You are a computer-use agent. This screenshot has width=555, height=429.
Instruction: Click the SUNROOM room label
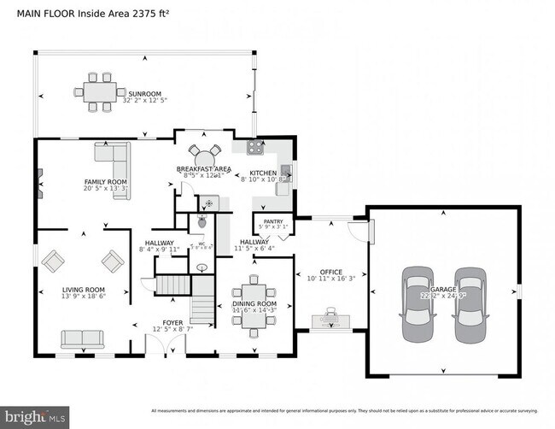[144, 94]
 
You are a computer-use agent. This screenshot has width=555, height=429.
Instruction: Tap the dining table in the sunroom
[100, 91]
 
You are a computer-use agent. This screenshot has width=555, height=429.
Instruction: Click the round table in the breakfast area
[204, 157]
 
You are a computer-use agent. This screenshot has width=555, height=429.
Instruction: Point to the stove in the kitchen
[254, 148]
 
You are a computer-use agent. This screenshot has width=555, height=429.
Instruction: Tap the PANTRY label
[273, 221]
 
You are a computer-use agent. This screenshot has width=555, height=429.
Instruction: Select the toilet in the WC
[201, 221]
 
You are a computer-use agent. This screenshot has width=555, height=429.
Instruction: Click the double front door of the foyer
[165, 346]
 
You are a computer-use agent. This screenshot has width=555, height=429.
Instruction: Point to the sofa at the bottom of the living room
[82, 339]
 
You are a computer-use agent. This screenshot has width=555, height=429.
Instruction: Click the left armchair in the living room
[53, 261]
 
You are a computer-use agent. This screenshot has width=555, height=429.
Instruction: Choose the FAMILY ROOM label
[105, 182]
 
